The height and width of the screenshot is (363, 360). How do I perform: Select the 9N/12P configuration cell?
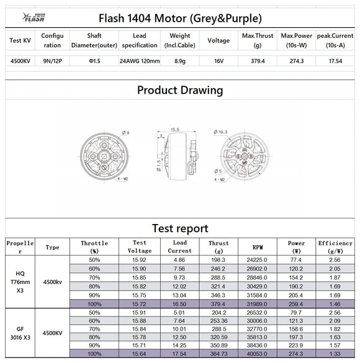[x=52, y=61]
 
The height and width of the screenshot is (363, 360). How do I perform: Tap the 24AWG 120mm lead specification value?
[x=140, y=61]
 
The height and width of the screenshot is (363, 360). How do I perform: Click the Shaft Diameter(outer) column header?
[x=94, y=40]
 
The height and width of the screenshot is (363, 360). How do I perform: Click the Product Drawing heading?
[x=180, y=90]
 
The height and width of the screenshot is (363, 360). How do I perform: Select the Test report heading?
[x=180, y=228]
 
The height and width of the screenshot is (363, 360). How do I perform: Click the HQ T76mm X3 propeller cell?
[x=20, y=281]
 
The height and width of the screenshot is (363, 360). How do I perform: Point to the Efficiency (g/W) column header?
[x=335, y=247]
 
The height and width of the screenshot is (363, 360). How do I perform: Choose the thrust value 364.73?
[x=219, y=353]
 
